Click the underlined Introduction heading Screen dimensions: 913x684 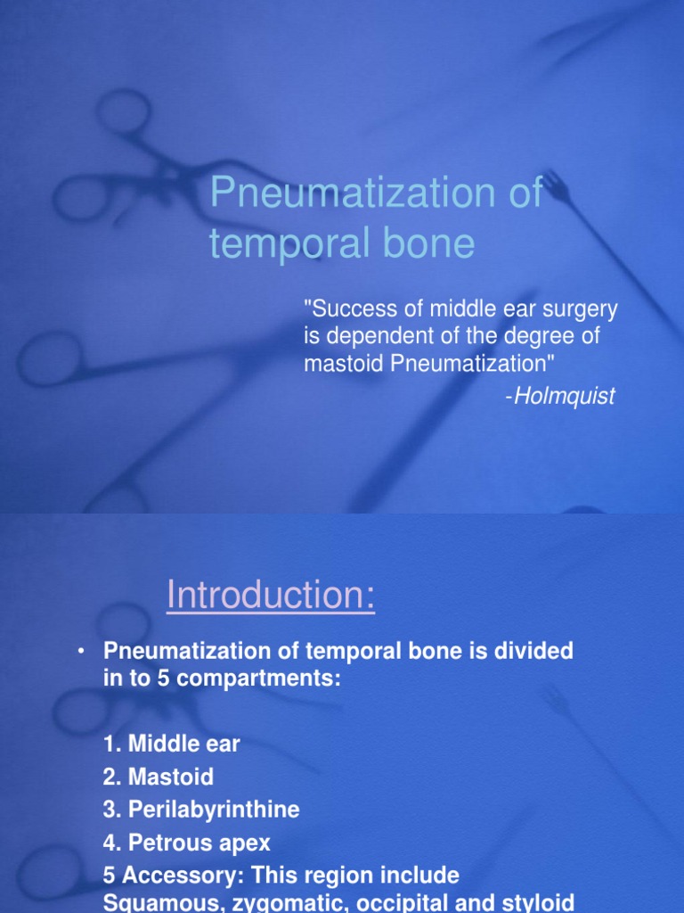tap(271, 596)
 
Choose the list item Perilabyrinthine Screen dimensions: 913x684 tap(214, 810)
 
